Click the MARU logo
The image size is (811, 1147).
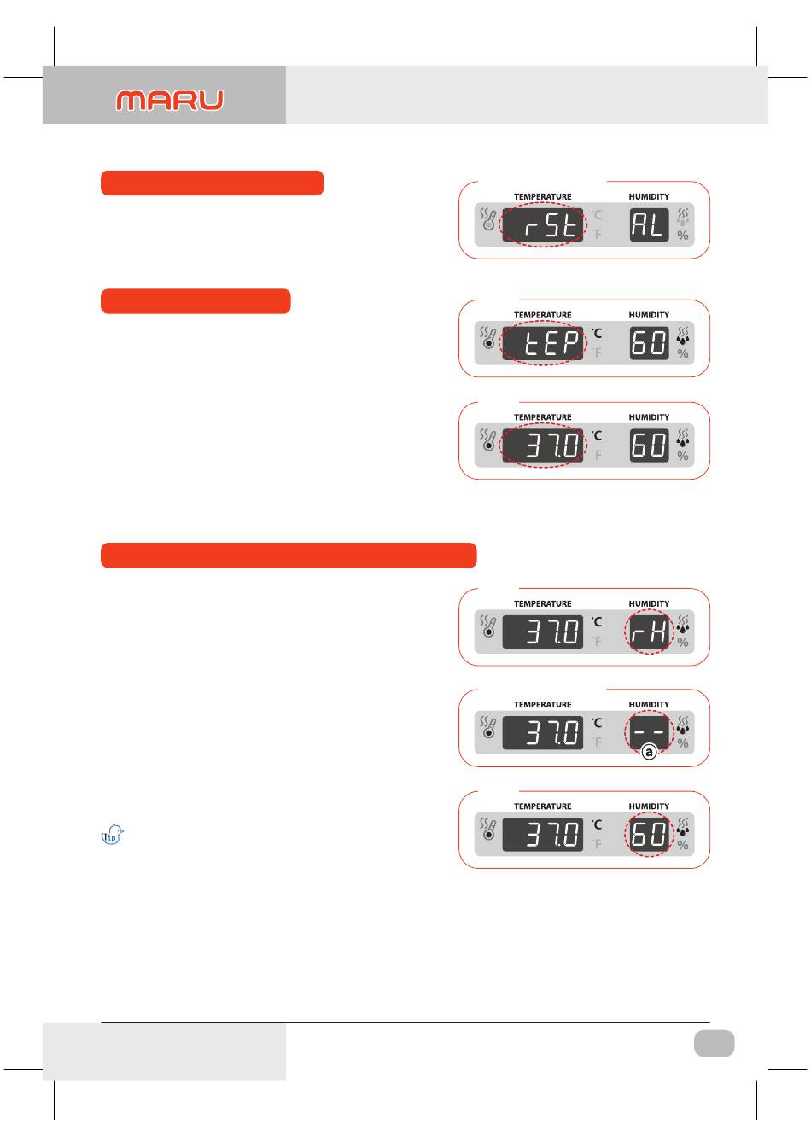(170, 101)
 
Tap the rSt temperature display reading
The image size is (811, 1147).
(543, 225)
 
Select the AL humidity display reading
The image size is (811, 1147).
(649, 225)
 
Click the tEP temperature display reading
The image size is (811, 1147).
(543, 344)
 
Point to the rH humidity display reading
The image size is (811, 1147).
(649, 632)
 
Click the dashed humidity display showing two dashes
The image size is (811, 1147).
(649, 732)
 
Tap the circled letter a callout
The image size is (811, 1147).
(649, 753)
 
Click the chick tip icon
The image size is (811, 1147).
(113, 835)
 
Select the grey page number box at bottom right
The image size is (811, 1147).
(714, 1043)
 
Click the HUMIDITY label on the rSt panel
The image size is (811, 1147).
(649, 197)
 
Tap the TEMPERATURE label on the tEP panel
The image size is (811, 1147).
(543, 316)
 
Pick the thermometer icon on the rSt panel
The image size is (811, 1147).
(488, 219)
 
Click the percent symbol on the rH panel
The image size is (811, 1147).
(683, 643)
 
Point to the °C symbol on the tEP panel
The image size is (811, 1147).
(597, 333)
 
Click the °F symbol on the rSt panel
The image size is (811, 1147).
(597, 234)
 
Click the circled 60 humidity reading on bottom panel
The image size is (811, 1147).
(649, 834)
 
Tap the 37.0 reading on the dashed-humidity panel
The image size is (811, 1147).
(543, 733)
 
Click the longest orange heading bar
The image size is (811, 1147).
(288, 555)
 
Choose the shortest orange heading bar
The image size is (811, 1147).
(195, 301)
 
